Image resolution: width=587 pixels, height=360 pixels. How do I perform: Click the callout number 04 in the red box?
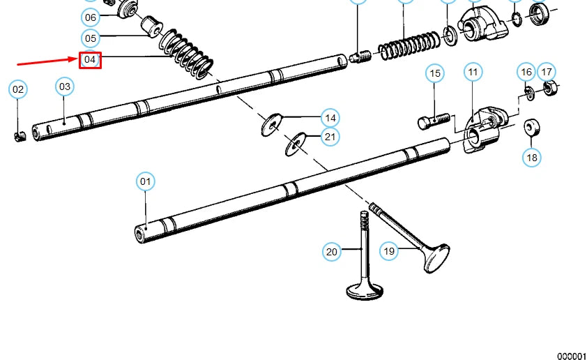[90, 60]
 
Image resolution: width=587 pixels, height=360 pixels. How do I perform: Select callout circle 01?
[145, 182]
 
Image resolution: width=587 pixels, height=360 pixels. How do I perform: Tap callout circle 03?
[65, 87]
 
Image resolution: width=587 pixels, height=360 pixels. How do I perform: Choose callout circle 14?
[330, 117]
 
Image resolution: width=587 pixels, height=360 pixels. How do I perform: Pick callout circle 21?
[330, 137]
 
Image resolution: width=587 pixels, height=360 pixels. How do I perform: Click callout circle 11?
[473, 72]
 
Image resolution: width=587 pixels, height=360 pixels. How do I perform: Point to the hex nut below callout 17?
[551, 90]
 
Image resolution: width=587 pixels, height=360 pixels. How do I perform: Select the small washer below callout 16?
[528, 91]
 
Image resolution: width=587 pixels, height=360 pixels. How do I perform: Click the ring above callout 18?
[533, 127]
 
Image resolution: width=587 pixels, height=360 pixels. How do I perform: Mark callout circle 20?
[332, 251]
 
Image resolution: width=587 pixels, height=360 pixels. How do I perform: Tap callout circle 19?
[389, 250]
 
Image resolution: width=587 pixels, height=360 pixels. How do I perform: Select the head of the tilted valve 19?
[435, 258]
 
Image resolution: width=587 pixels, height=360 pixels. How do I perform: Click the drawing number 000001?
[571, 356]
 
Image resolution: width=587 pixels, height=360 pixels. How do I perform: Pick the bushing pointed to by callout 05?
[151, 27]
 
